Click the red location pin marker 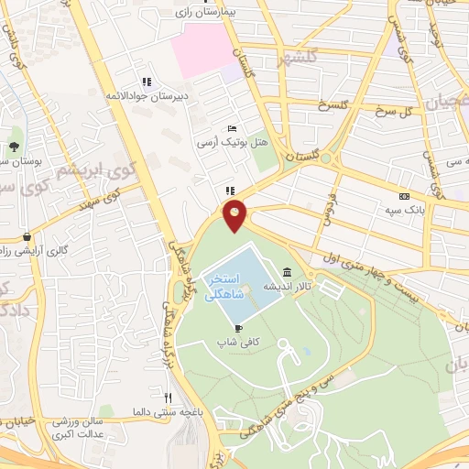235,214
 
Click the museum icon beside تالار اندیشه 288,273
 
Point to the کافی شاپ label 233,341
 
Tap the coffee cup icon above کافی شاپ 238,327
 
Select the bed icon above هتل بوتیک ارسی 232,127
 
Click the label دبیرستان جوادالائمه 140,93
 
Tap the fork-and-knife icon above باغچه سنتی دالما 168,397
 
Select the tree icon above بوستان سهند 15,147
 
